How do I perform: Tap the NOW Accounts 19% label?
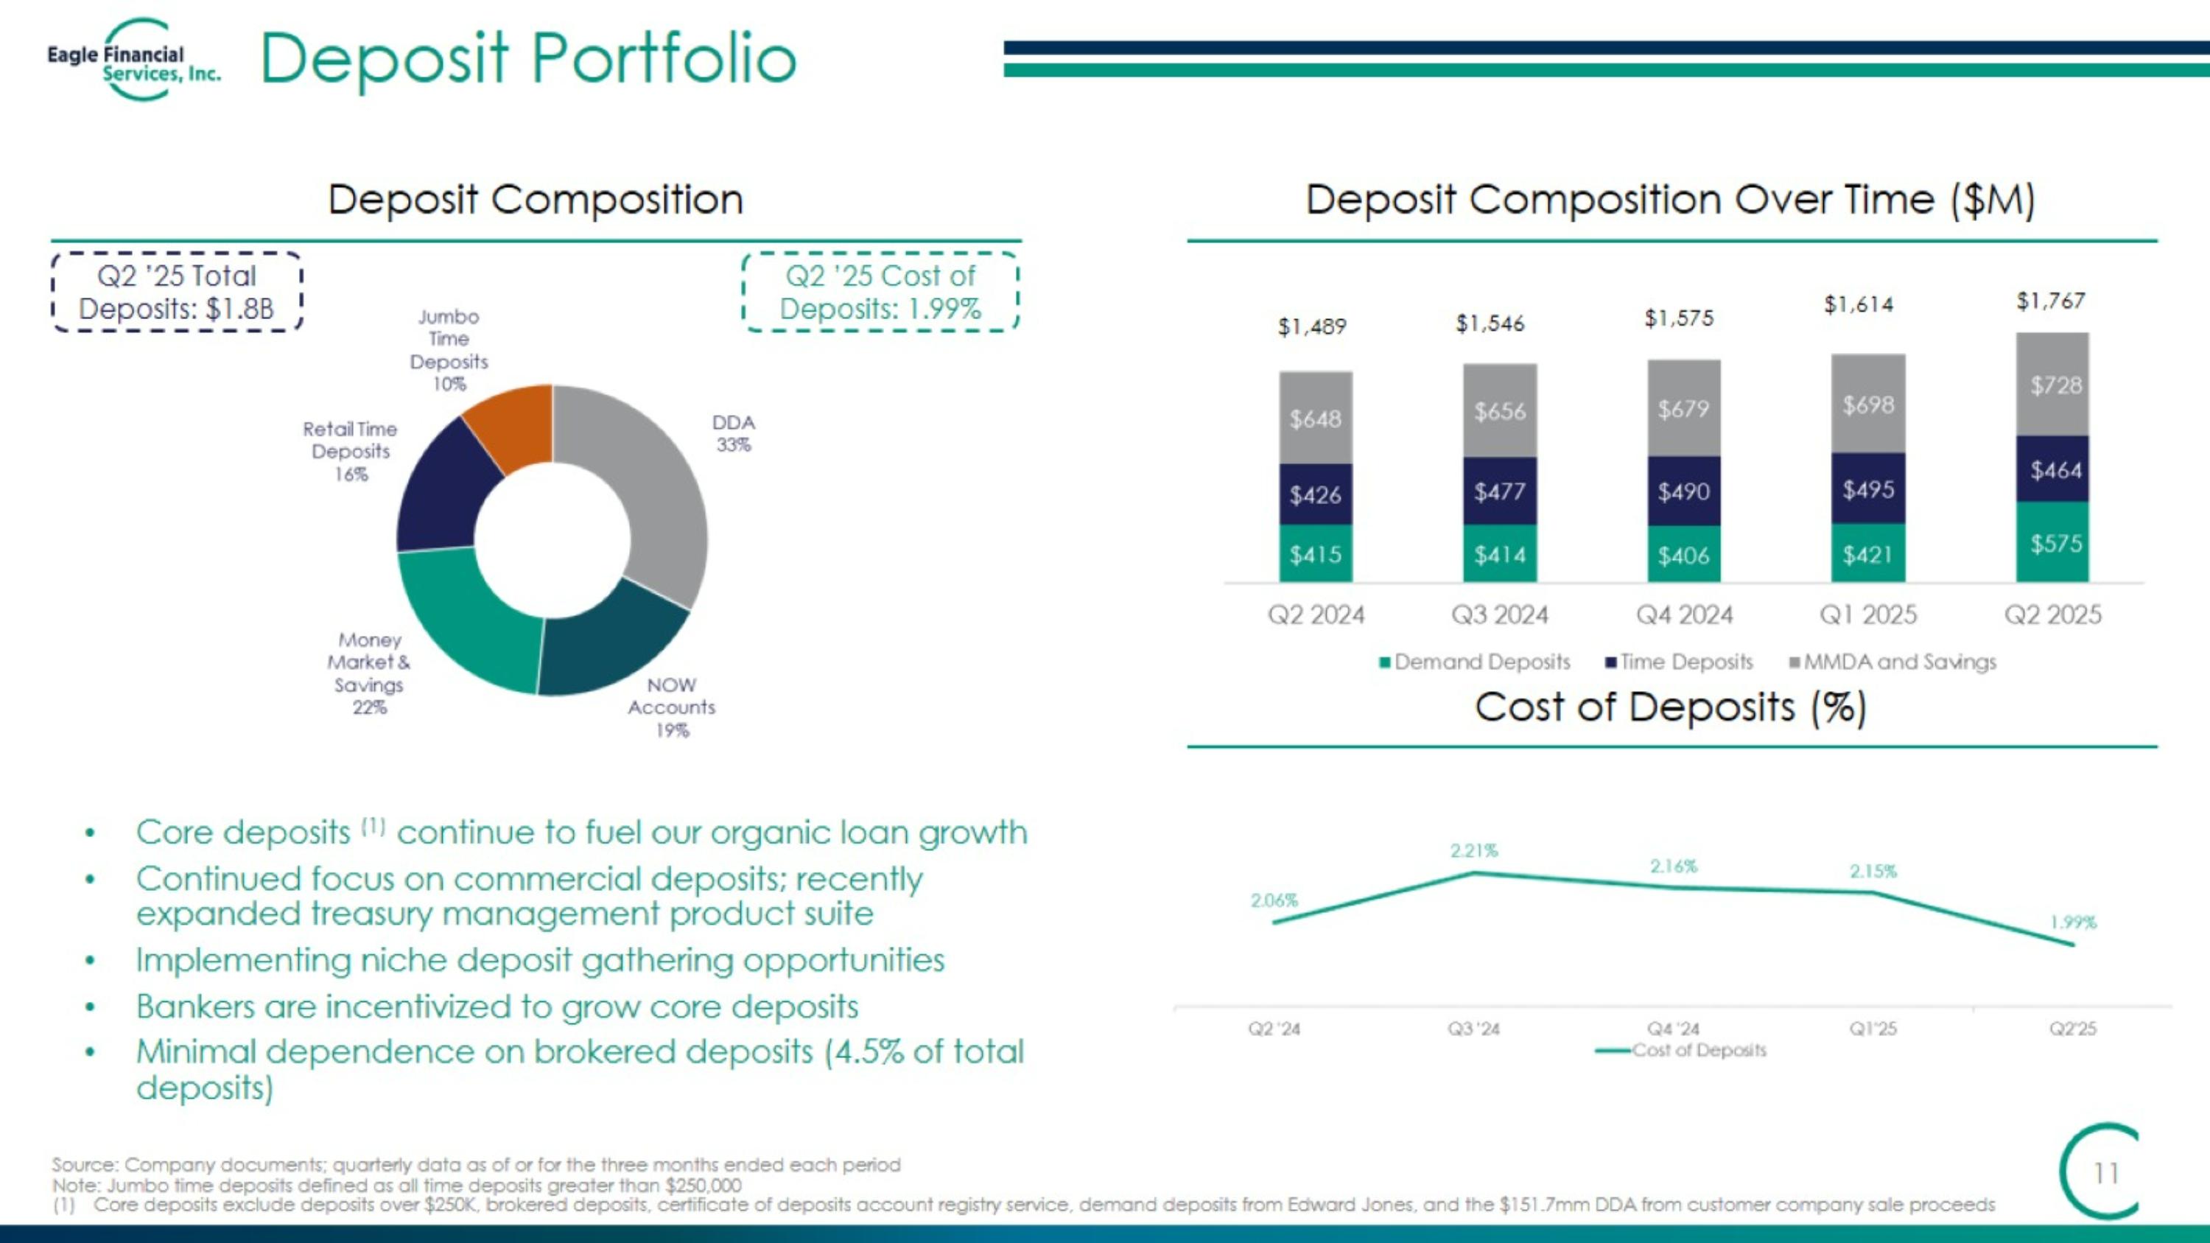pos(671,708)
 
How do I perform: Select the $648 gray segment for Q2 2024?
pos(1315,419)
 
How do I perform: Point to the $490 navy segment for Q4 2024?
pos(1683,491)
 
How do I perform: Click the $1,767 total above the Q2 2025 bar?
pos(2050,301)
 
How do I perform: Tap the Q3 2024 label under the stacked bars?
pos(1499,615)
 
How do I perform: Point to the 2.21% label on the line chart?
pos(1474,851)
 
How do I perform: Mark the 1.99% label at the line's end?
pos(2073,922)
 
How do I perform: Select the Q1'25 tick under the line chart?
pos(1873,1029)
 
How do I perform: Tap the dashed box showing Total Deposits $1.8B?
pos(177,292)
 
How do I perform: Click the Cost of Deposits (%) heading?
pos(1670,708)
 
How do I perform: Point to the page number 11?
pos(2105,1173)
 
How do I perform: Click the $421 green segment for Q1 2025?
pos(1867,555)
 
